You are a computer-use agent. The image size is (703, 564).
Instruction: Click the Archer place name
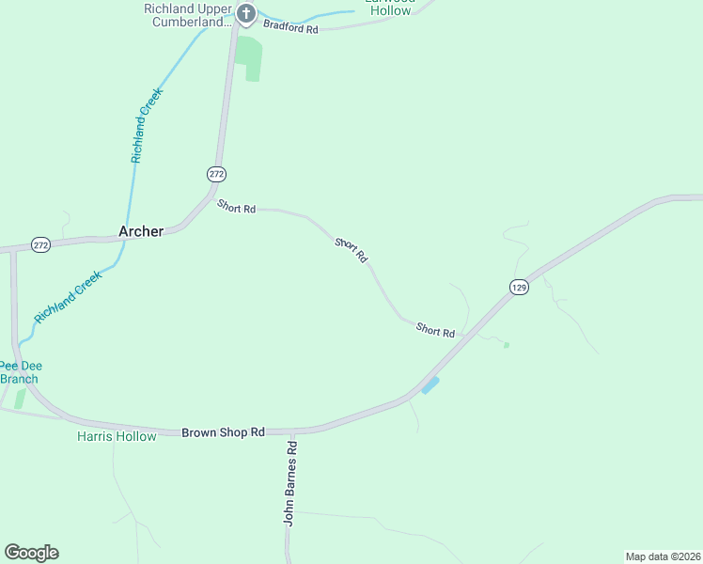pyautogui.click(x=141, y=231)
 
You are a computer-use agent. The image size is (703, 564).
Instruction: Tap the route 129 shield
pyautogui.click(x=519, y=287)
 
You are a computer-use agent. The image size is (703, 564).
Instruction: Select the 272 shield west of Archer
pyautogui.click(x=40, y=244)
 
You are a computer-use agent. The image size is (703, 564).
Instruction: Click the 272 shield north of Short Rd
pyautogui.click(x=216, y=174)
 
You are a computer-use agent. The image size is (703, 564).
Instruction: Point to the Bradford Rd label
pyautogui.click(x=290, y=28)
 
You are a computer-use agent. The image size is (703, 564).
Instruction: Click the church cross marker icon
pyautogui.click(x=245, y=13)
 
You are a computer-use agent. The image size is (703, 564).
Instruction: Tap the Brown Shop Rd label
pyautogui.click(x=223, y=431)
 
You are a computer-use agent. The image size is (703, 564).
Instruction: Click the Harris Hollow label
pyautogui.click(x=117, y=436)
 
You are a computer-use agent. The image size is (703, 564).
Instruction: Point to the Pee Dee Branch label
pyautogui.click(x=19, y=372)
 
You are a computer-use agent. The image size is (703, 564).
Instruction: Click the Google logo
pyautogui.click(x=31, y=553)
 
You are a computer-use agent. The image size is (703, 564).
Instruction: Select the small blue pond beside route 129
pyautogui.click(x=430, y=385)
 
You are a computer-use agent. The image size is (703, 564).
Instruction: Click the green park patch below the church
pyautogui.click(x=249, y=58)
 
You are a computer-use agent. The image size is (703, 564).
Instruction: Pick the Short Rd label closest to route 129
pyautogui.click(x=435, y=331)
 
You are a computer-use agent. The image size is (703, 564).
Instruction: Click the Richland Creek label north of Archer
pyautogui.click(x=147, y=126)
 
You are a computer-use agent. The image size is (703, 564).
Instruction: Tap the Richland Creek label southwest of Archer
pyautogui.click(x=68, y=298)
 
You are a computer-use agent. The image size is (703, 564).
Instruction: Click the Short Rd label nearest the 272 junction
pyautogui.click(x=236, y=207)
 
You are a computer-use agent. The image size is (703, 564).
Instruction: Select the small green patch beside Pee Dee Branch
pyautogui.click(x=21, y=399)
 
